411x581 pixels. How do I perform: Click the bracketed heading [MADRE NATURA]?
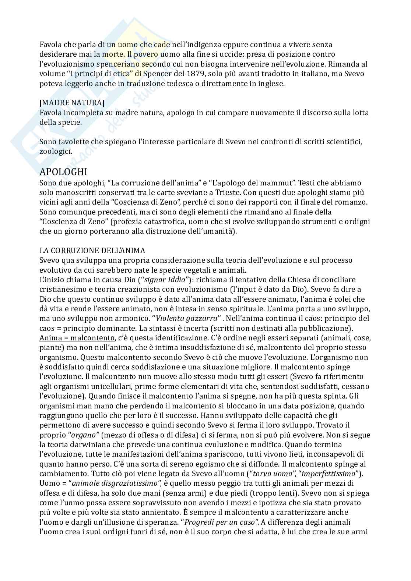[x=72, y=103]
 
